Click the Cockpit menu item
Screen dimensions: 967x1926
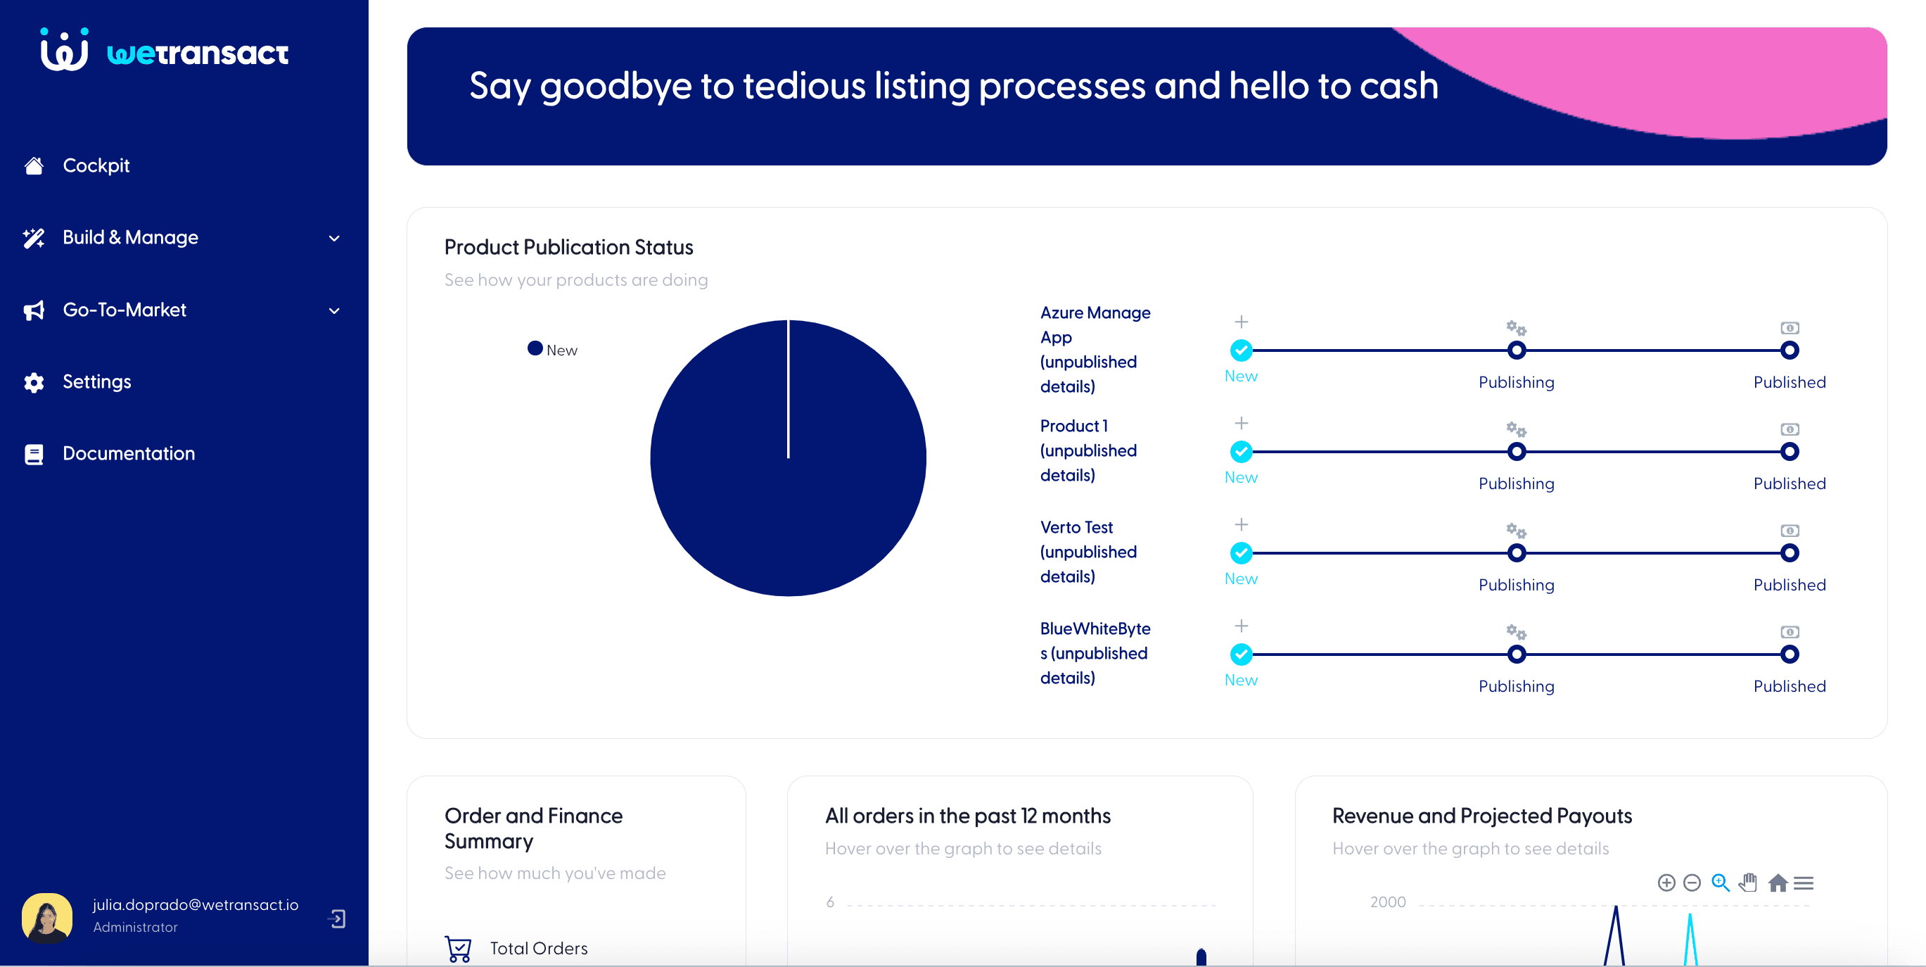tap(96, 165)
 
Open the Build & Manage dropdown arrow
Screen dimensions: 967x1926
tap(334, 239)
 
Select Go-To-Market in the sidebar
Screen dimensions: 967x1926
tap(124, 310)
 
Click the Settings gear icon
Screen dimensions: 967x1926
tap(34, 382)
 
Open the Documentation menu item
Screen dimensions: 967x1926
tap(128, 453)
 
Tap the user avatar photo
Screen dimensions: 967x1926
tap(47, 917)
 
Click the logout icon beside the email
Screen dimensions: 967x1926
tap(337, 918)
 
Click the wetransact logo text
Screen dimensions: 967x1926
tap(198, 53)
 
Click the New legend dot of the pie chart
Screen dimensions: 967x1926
tap(535, 348)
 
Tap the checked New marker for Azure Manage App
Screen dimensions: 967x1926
tap(1240, 350)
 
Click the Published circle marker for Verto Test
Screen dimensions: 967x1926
tap(1789, 553)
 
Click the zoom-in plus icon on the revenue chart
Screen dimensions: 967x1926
tap(1666, 883)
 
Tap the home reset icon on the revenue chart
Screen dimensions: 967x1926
tap(1777, 883)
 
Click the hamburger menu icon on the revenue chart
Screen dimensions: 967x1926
tap(1804, 883)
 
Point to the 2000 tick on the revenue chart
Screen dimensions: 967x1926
tap(1387, 902)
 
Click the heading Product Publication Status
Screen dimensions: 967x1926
tap(568, 248)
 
